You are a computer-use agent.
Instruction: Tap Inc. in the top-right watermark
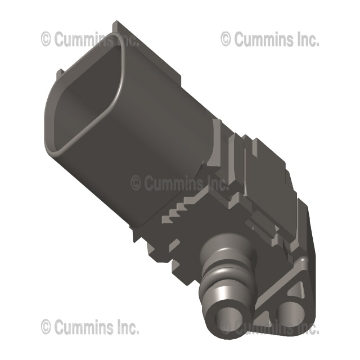click(x=307, y=39)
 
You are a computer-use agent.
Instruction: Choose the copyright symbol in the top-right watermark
click(x=226, y=39)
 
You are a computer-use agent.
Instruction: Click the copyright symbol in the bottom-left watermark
click(x=46, y=326)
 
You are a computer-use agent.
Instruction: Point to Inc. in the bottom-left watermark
click(x=127, y=326)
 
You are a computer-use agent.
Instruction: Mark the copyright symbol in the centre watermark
click(x=136, y=183)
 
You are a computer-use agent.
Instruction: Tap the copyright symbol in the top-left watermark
click(x=46, y=39)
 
